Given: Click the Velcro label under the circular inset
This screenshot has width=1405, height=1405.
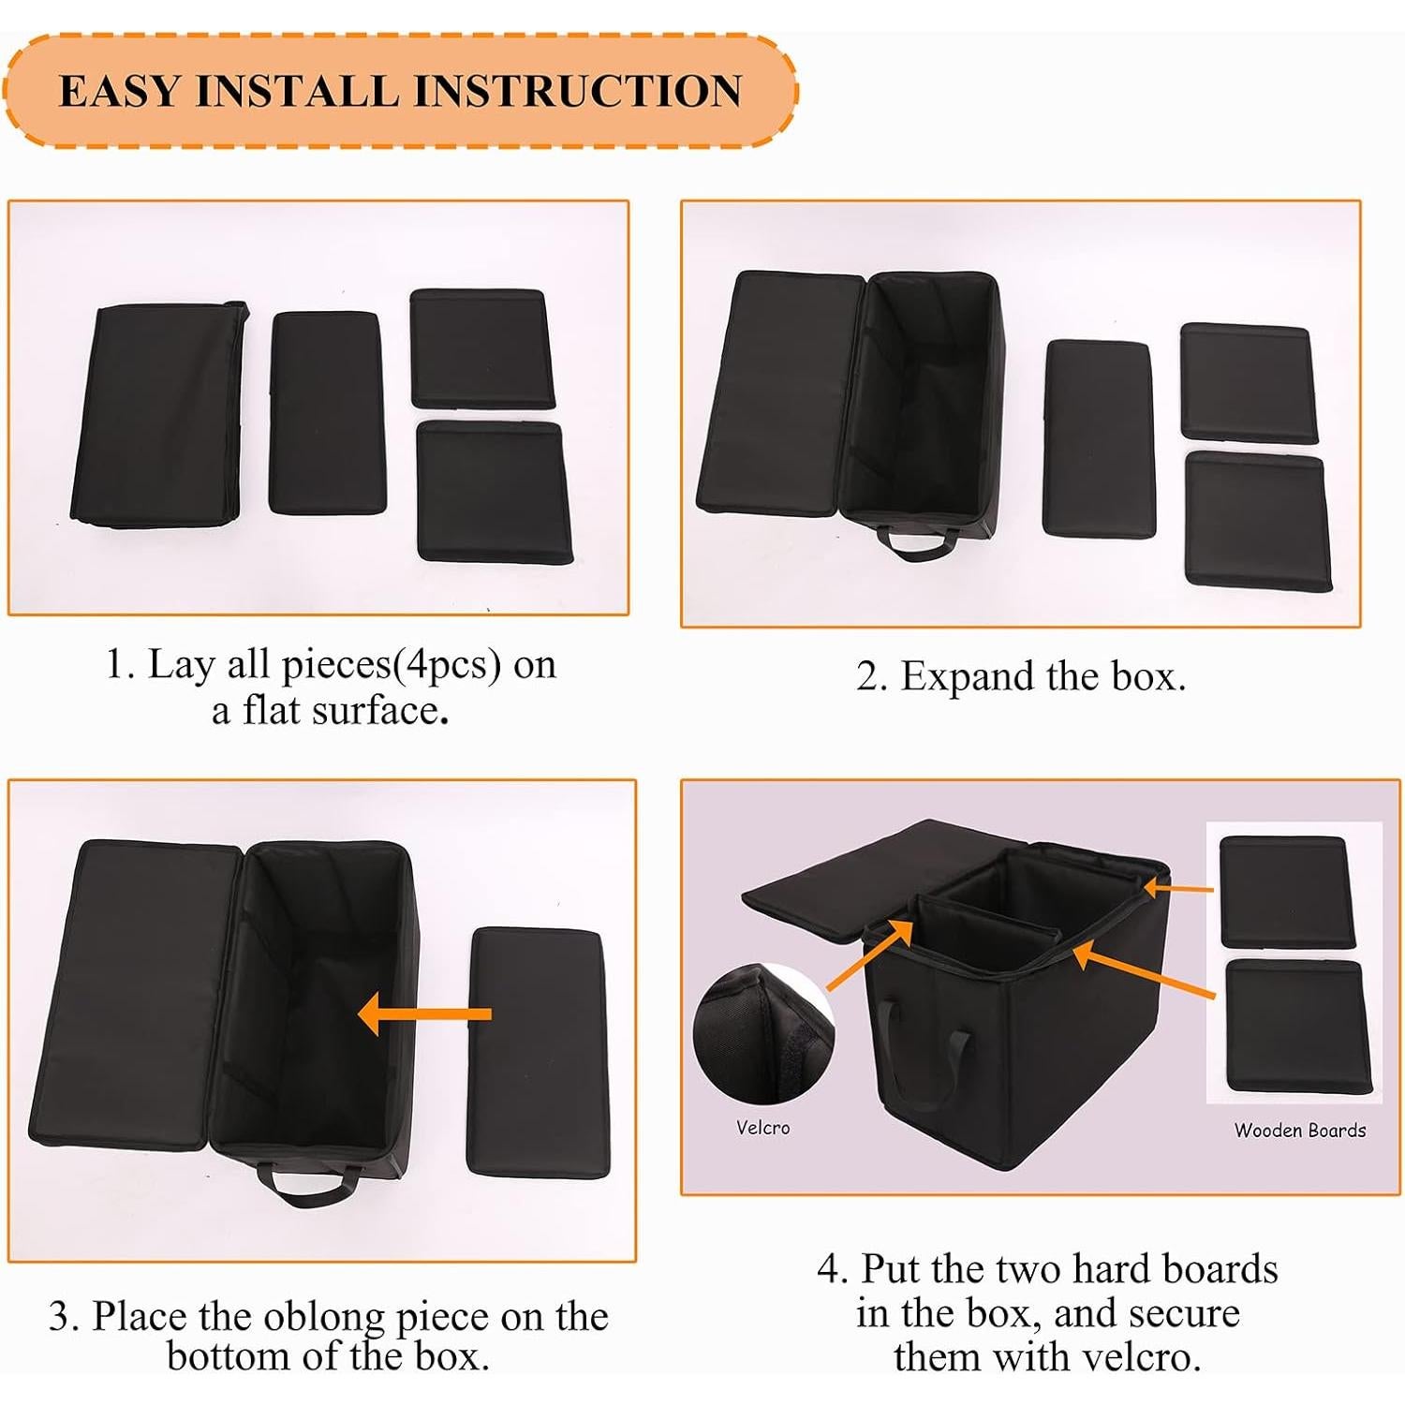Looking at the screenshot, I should (x=762, y=1128).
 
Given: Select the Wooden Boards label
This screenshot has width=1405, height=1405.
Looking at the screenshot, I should (x=1299, y=1131).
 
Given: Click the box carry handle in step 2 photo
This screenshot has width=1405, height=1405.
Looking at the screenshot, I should (x=917, y=542).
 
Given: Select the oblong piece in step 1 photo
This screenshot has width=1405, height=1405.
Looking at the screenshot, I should (x=327, y=412).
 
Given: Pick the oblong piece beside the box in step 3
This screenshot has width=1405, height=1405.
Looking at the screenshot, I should (x=538, y=1051).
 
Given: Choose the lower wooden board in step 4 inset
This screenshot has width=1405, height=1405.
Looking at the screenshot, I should (x=1297, y=1025).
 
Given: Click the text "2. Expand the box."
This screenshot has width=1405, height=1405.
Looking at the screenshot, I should (x=1020, y=676).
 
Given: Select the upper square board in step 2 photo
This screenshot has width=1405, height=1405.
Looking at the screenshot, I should (x=1248, y=381).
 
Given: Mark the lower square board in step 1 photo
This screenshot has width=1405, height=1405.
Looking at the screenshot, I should (x=493, y=491).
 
